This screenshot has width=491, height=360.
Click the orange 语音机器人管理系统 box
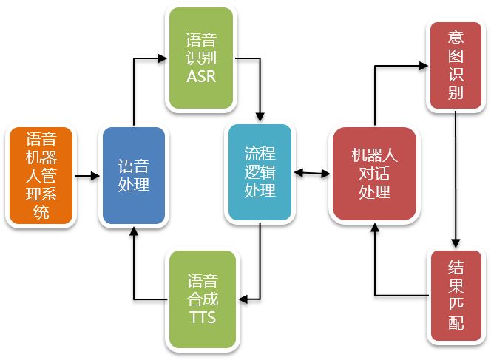tap(40, 176)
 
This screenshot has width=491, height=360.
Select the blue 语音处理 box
tap(133, 176)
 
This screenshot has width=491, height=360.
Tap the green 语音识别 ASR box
tap(201, 58)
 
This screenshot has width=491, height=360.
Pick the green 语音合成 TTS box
tap(202, 299)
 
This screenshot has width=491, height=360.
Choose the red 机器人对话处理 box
tap(373, 173)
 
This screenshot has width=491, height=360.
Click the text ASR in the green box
tap(201, 75)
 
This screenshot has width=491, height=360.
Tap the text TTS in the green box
tap(202, 318)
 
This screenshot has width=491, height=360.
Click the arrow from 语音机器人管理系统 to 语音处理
tap(87, 176)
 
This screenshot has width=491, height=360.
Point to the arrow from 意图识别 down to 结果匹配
tap(456, 177)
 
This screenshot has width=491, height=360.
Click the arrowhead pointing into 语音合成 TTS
tap(244, 299)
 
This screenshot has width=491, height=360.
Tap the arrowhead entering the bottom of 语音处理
tap(133, 229)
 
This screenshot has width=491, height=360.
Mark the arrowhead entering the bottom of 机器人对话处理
tap(373, 228)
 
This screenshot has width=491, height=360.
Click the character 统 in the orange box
tap(40, 214)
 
